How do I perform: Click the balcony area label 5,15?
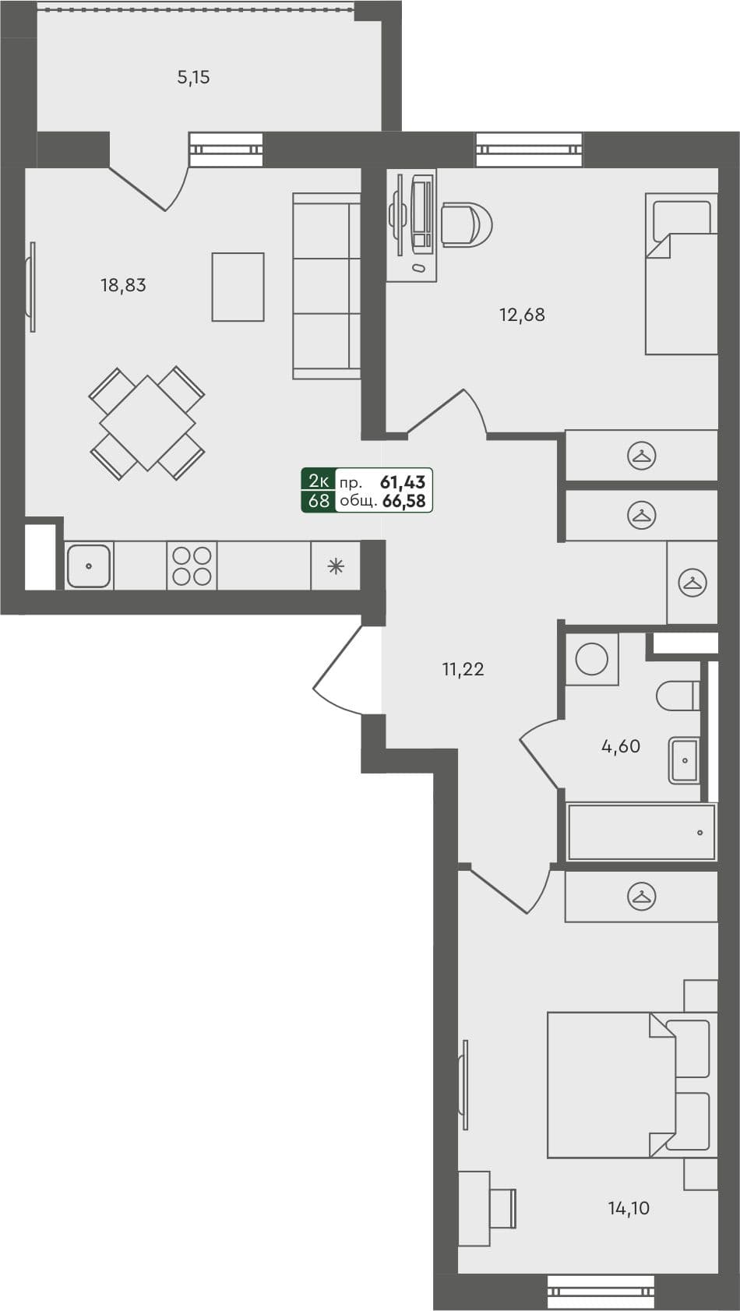[x=193, y=77]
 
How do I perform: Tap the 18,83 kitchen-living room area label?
[x=123, y=285]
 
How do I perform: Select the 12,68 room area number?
[x=522, y=315]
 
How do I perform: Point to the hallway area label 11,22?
[x=463, y=669]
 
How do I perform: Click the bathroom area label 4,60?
[x=621, y=746]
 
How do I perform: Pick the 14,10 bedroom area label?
[x=629, y=1208]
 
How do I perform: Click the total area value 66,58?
[x=404, y=501]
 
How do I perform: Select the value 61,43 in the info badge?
[x=403, y=482]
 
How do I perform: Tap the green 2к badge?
[x=319, y=481]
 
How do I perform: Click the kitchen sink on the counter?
[x=89, y=566]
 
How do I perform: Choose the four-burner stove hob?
[x=192, y=566]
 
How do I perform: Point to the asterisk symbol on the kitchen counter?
[x=336, y=566]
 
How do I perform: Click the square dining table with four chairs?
[x=147, y=423]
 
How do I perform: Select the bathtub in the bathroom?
[x=641, y=832]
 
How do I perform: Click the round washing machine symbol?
[x=592, y=659]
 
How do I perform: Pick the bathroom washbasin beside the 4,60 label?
[x=685, y=759]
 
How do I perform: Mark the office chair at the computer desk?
[x=466, y=225]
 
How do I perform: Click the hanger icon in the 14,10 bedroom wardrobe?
[x=641, y=897]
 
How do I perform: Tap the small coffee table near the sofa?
[x=238, y=287]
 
